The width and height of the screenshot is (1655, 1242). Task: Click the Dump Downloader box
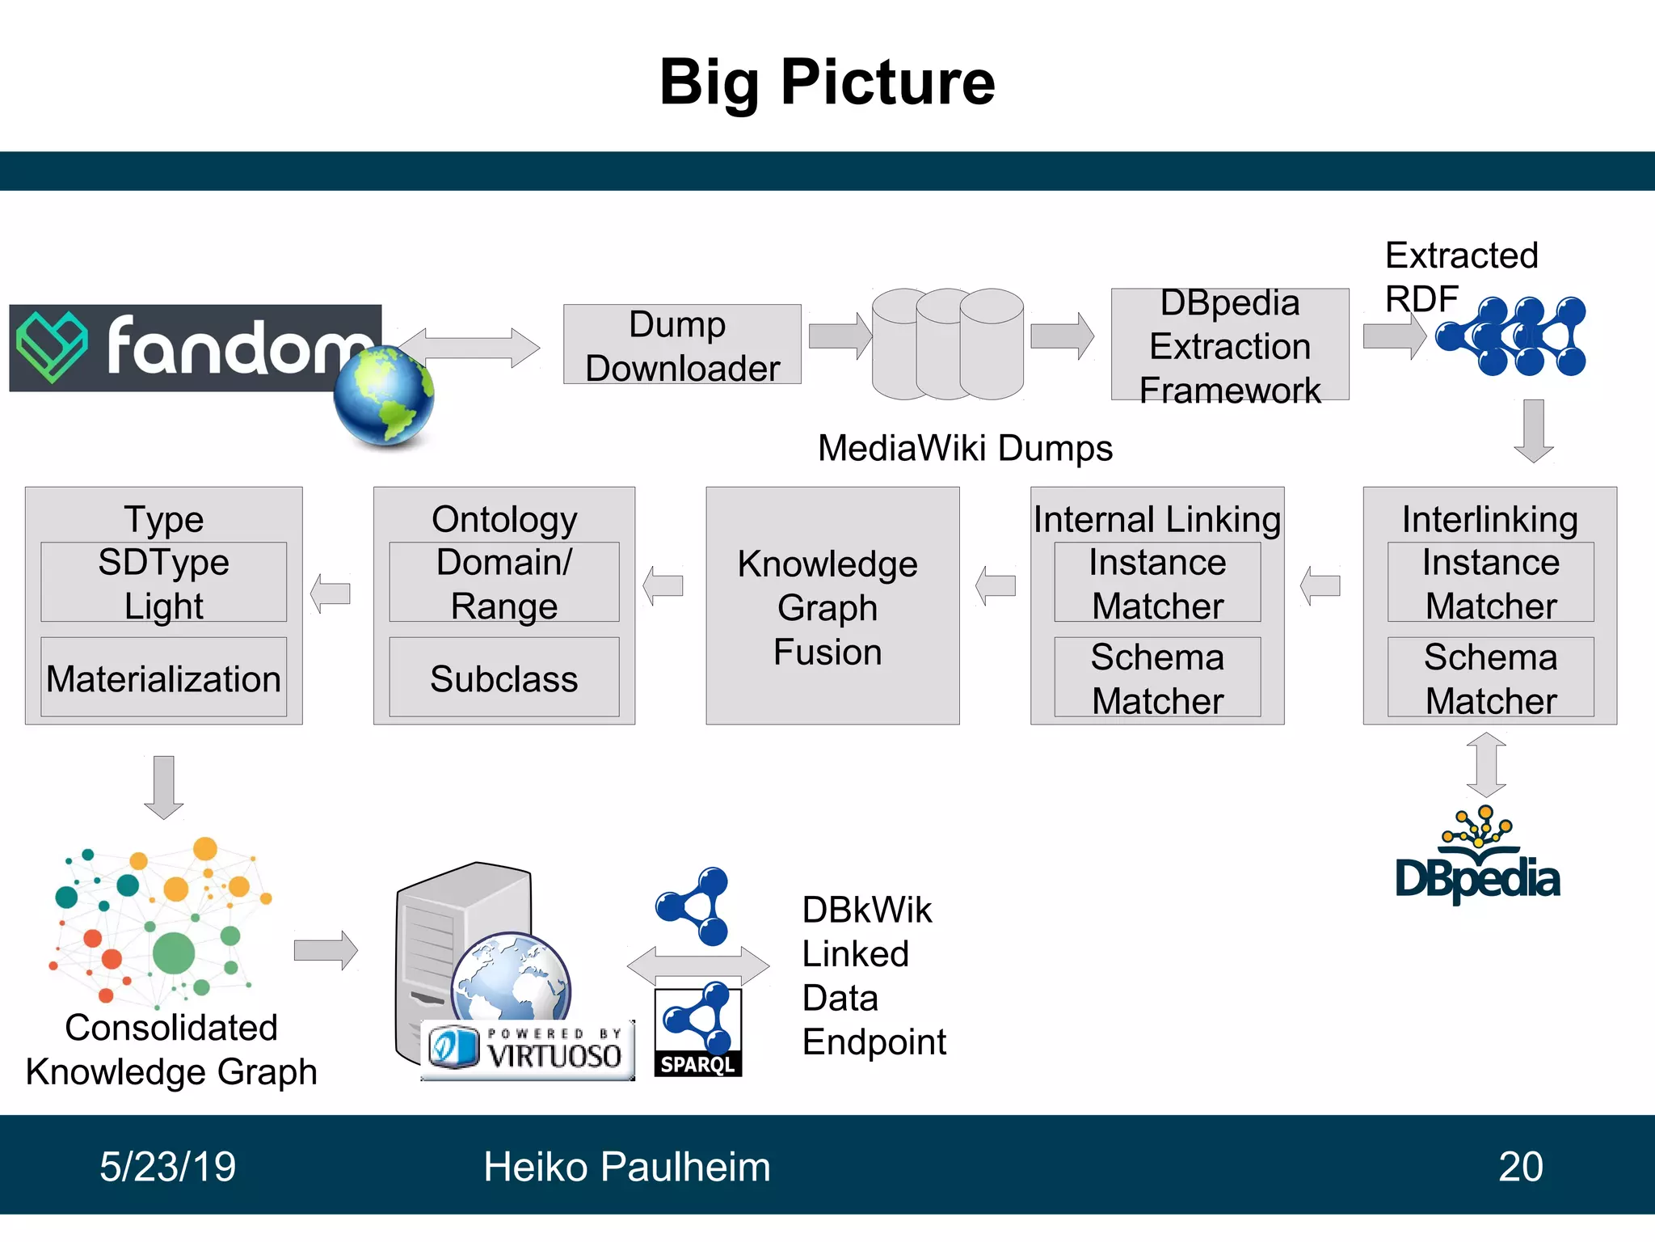(x=681, y=344)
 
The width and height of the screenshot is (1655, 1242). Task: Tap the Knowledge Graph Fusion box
(x=832, y=606)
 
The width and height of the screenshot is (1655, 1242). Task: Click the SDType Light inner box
(x=163, y=582)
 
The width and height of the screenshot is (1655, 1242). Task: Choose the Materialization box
(x=163, y=678)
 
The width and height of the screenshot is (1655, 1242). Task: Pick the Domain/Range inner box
(x=503, y=582)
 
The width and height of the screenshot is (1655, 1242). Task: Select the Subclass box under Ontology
(x=503, y=678)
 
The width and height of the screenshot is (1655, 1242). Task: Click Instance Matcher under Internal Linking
(x=1156, y=582)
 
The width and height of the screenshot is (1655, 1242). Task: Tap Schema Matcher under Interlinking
(x=1490, y=678)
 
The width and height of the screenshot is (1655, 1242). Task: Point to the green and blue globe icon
(x=384, y=395)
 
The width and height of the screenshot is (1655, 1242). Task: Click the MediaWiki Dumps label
(x=965, y=448)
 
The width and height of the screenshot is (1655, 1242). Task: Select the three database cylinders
(x=947, y=344)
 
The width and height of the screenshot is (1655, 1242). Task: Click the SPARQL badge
(x=697, y=1032)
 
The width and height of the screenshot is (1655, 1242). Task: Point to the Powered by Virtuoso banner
(x=527, y=1049)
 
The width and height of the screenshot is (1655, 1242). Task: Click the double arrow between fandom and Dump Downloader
(x=469, y=348)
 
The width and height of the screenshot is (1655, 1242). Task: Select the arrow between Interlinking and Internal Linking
(x=1321, y=585)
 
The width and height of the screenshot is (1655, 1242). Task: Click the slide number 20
(x=1520, y=1166)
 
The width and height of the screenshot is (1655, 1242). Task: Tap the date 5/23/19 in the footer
(x=167, y=1166)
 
